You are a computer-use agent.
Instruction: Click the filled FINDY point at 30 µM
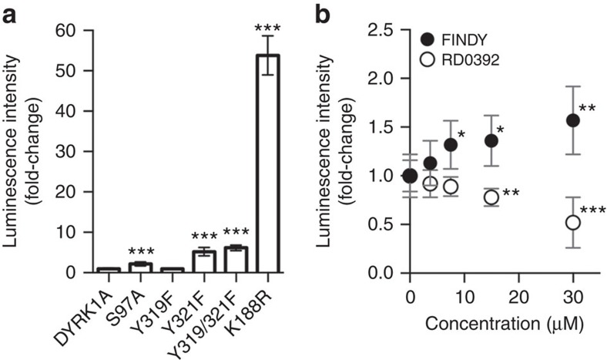572,120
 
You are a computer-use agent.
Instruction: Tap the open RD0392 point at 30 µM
572,222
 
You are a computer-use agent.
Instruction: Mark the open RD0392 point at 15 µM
491,197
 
